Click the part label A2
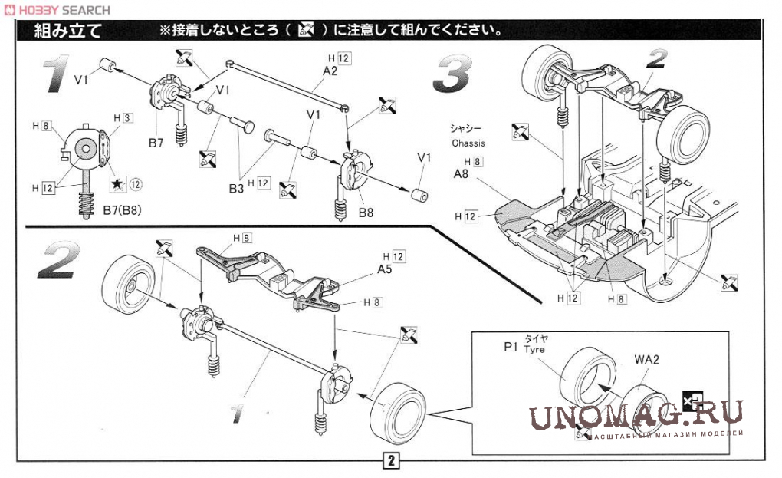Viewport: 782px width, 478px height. coord(330,71)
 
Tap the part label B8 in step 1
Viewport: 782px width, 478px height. coord(366,212)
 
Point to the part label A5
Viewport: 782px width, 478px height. coord(386,269)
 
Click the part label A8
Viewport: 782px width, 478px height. coord(461,174)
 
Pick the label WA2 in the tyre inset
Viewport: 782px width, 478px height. coord(647,358)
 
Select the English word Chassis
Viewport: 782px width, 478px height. coord(468,143)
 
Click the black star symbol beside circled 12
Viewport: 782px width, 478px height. coord(117,183)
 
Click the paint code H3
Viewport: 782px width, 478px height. coord(123,117)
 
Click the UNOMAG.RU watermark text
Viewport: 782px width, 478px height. coord(636,414)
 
